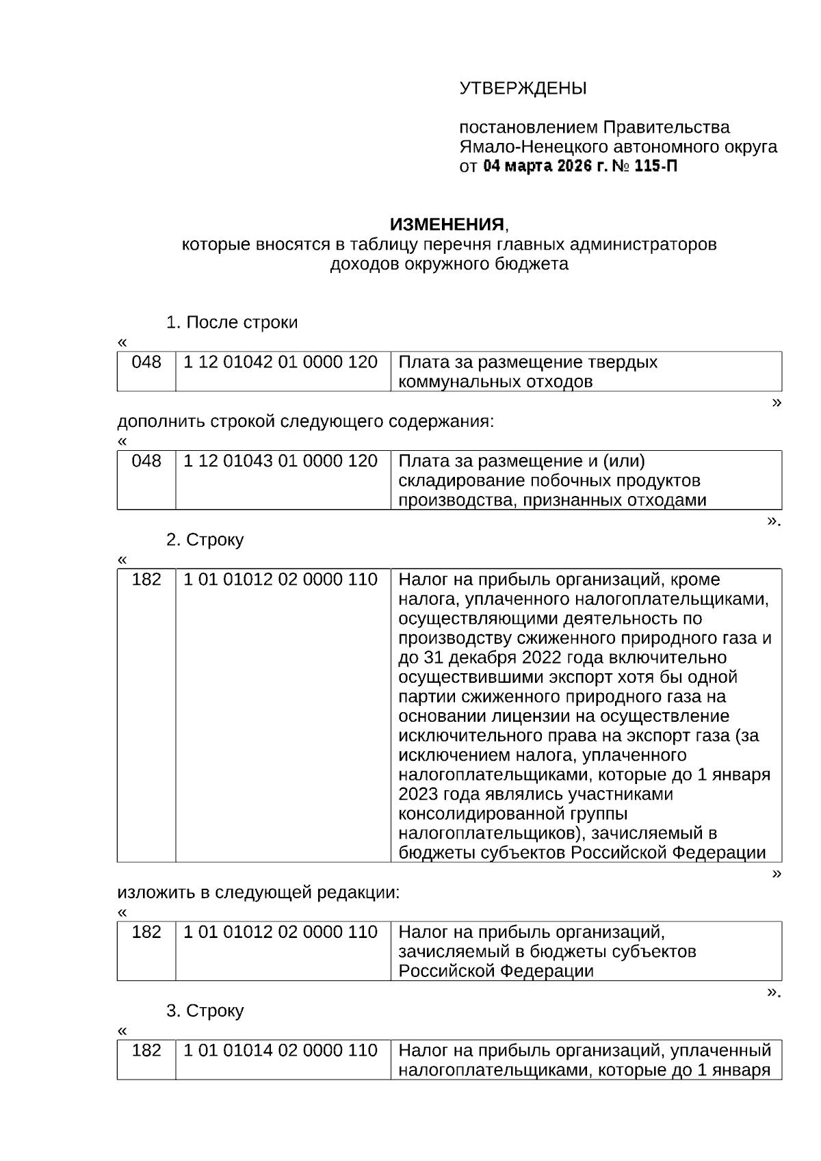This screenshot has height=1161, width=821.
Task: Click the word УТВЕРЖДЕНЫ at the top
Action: click(523, 88)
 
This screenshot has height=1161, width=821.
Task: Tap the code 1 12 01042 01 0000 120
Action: click(281, 362)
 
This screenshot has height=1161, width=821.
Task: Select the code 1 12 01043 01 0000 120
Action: click(281, 461)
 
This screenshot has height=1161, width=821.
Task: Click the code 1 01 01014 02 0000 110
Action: click(281, 1050)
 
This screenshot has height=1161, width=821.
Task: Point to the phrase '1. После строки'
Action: click(232, 322)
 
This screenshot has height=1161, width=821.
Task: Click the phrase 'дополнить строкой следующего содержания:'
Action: click(305, 421)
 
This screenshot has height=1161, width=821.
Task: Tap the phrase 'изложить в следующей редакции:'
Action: click(258, 893)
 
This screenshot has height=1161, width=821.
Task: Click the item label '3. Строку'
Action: click(205, 1010)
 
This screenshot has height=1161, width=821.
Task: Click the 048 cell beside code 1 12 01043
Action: click(146, 461)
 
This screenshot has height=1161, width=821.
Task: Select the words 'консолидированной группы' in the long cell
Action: click(512, 814)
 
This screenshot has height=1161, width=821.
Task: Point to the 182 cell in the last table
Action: click(146, 1050)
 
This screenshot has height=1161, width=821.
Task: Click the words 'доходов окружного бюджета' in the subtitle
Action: click(449, 264)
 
